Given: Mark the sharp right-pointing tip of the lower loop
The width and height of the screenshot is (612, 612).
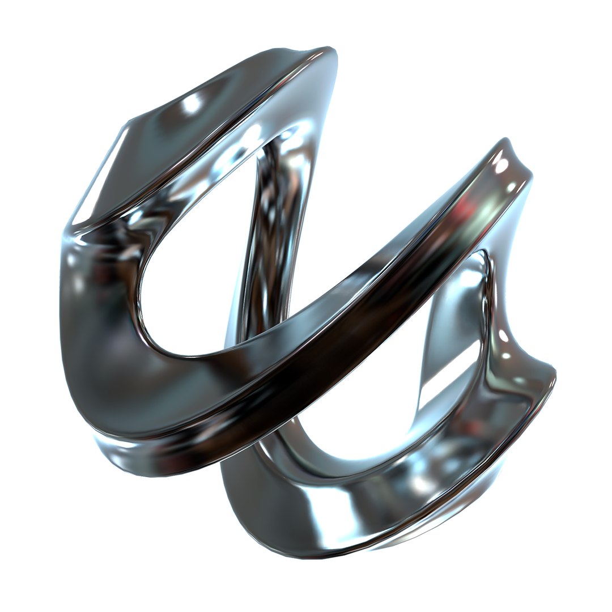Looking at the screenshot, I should [552, 374].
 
